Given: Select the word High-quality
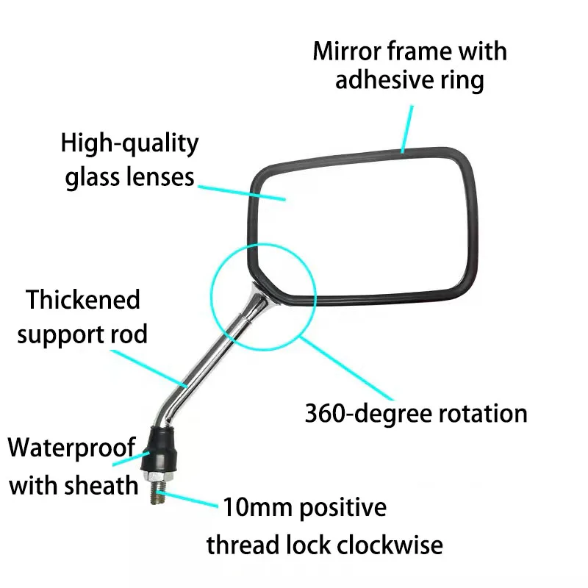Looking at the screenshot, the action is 129,144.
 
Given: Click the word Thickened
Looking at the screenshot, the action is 83,300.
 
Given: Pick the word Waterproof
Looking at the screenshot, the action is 71,448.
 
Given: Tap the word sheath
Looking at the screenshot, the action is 101,485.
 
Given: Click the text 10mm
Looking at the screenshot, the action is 258,507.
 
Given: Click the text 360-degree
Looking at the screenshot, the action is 368,414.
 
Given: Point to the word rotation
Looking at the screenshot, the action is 483,414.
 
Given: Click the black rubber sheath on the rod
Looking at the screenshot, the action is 160,450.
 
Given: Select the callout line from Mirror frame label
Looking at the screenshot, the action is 407,129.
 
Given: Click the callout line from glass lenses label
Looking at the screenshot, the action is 242,193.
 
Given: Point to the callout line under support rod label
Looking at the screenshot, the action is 149,369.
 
